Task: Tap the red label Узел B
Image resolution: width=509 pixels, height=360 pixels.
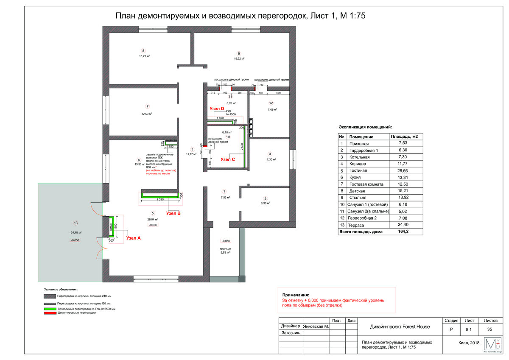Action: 173,213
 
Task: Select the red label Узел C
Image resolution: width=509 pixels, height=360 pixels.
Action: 228,159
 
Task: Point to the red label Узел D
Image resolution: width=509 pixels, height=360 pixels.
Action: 216,109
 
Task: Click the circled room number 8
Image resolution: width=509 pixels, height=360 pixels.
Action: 143,50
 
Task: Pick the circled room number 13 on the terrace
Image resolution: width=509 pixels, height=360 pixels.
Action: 76,223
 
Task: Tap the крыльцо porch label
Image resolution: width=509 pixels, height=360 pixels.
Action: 225,248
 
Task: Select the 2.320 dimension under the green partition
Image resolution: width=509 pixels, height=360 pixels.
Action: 160,199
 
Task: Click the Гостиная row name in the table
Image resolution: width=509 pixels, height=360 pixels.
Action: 358,170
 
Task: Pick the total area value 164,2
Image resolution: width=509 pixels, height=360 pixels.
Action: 402,232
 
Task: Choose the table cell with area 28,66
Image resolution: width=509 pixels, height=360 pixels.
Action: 403,170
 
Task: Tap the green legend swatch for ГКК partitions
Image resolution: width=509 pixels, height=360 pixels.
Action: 49,309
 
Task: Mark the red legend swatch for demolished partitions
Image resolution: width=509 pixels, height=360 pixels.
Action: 49,313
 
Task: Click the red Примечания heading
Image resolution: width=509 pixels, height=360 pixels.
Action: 296,295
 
